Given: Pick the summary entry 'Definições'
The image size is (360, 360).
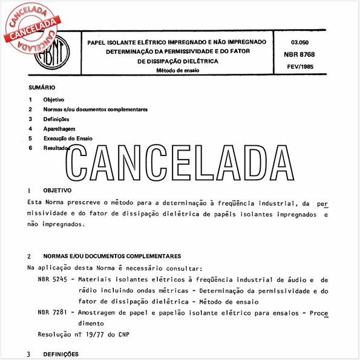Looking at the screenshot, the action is pyautogui.click(x=57, y=119).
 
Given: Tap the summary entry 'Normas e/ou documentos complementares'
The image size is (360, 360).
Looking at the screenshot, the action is pyautogui.click(x=96, y=110).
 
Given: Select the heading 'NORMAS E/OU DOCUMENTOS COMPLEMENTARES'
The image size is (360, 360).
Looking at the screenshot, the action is pyautogui.click(x=112, y=256).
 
